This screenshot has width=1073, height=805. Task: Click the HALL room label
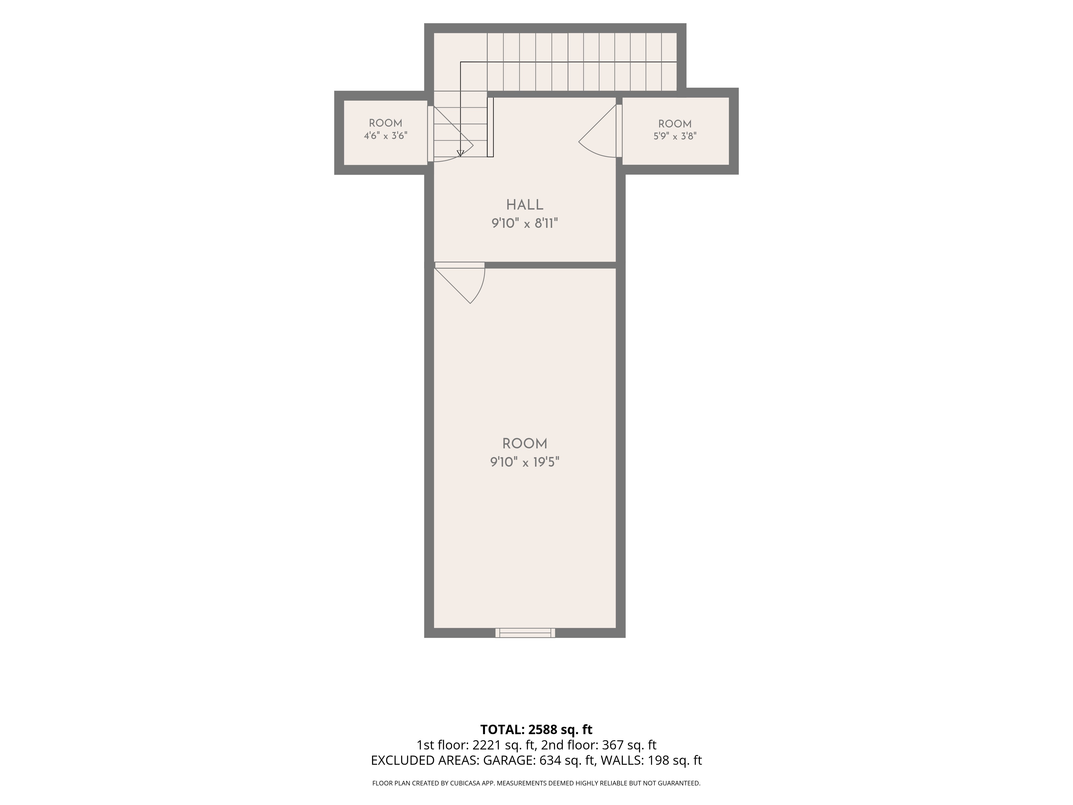pyautogui.click(x=525, y=205)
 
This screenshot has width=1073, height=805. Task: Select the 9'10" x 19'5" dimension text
pyautogui.click(x=525, y=462)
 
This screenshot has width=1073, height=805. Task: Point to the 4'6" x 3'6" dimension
pyautogui.click(x=386, y=136)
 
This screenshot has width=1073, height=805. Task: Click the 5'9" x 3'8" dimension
pyautogui.click(x=675, y=136)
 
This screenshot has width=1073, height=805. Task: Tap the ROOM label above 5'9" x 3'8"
pyautogui.click(x=675, y=124)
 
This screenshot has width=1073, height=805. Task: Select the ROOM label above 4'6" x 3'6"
pyautogui.click(x=386, y=123)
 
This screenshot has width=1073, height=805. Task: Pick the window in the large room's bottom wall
pyautogui.click(x=525, y=633)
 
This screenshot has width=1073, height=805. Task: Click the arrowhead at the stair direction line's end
pyautogui.click(x=460, y=153)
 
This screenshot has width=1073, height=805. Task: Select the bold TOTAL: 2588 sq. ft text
pyautogui.click(x=536, y=729)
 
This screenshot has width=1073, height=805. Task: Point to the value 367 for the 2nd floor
pyautogui.click(x=611, y=745)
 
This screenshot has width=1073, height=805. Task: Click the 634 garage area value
pyautogui.click(x=550, y=760)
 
